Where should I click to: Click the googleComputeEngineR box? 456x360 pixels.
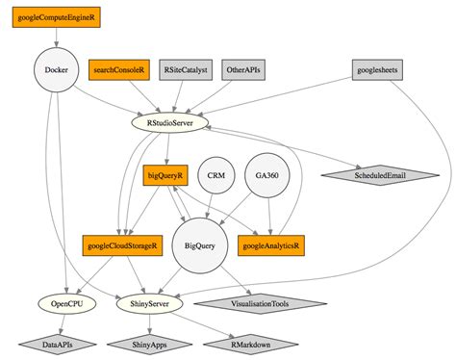(57, 17)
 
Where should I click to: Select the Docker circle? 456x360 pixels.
(57, 70)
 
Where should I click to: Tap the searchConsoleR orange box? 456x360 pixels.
(119, 70)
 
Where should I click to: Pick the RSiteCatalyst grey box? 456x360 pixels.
(186, 70)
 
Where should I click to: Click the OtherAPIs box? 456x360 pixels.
(243, 70)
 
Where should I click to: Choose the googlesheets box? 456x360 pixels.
(377, 70)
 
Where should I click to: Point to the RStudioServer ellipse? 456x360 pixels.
(170, 123)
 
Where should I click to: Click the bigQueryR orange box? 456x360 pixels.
(165, 175)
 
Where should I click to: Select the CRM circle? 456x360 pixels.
(216, 175)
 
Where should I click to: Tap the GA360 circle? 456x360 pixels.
(266, 175)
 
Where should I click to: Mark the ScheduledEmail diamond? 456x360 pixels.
(380, 175)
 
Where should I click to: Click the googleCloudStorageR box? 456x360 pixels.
(122, 245)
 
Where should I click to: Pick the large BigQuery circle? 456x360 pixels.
(200, 245)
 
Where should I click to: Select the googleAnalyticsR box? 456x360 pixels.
(271, 245)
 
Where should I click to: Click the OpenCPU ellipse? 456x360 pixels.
(66, 303)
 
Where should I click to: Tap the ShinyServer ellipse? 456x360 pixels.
(149, 303)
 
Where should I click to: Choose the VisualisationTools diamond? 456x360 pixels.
(260, 303)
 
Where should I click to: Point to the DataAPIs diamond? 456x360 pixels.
(58, 345)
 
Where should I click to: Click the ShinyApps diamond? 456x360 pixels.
(149, 345)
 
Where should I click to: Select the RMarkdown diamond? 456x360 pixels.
(251, 345)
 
